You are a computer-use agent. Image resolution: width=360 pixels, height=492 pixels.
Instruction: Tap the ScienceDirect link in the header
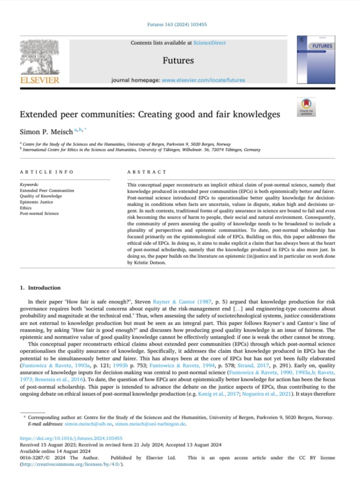[209, 43]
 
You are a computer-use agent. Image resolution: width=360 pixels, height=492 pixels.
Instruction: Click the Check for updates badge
[306, 107]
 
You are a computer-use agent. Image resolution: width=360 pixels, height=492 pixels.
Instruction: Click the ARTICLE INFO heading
[46, 172]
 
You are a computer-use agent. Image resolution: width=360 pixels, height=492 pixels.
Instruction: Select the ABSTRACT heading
[147, 172]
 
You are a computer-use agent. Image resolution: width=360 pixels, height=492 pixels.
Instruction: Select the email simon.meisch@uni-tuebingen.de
[151, 423]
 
